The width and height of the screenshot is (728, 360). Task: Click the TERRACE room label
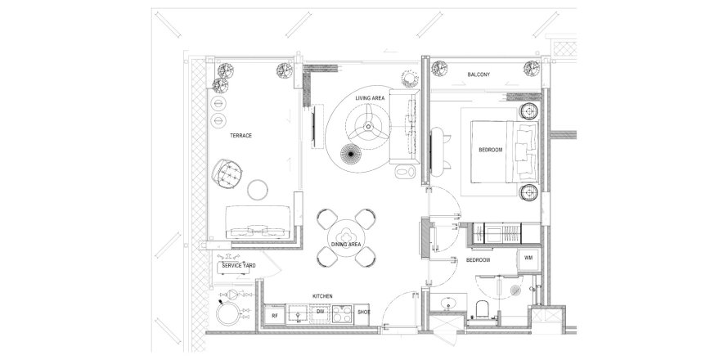coord(240,136)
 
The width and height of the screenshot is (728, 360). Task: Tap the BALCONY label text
coord(479,74)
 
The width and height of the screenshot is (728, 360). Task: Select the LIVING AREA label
coord(370,98)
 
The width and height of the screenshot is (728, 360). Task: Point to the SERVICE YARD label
coord(239,266)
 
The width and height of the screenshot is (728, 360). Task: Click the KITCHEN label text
coord(322,296)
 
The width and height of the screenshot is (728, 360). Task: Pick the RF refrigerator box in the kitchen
coord(274,315)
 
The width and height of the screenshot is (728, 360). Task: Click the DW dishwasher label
coord(320,313)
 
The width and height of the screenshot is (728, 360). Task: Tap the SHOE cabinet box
coord(364,314)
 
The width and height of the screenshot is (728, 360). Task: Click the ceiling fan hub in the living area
coord(368,126)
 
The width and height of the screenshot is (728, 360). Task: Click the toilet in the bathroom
coord(482,309)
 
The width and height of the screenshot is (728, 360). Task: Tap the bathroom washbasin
coord(448,304)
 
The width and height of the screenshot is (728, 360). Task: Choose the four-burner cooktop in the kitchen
coord(342,314)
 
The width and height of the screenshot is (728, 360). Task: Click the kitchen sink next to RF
coord(297,314)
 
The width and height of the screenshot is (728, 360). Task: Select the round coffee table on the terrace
coord(257,190)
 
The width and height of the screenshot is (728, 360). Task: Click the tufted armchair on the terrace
coord(227,173)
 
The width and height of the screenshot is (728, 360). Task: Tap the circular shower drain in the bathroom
coord(515,290)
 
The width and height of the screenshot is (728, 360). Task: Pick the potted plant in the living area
coord(410,79)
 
